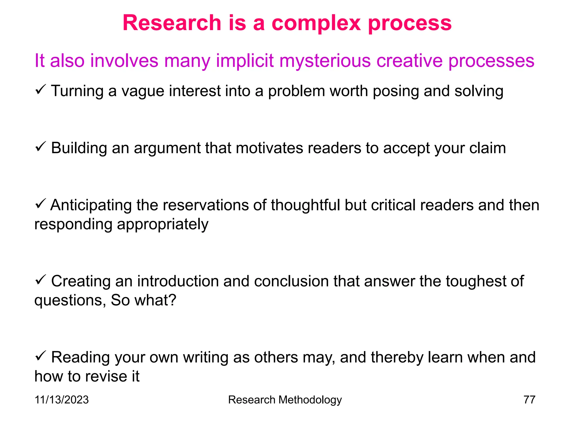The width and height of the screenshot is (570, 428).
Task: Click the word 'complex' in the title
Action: tap(316, 23)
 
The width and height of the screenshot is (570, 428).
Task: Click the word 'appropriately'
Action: tap(163, 225)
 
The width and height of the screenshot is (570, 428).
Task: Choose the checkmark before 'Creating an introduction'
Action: tap(41, 279)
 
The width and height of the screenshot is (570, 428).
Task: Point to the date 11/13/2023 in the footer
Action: tap(62, 400)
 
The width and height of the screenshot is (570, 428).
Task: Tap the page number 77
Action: tap(529, 400)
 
